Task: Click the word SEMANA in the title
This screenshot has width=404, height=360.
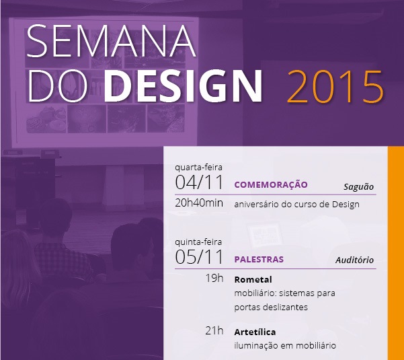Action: (x=111, y=41)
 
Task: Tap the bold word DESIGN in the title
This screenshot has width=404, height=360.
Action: (x=183, y=86)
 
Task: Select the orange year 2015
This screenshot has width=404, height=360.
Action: (x=335, y=87)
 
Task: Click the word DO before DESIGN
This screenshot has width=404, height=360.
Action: (x=57, y=86)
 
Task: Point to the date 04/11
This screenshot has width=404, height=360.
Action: (x=199, y=182)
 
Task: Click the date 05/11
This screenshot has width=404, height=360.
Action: (x=199, y=256)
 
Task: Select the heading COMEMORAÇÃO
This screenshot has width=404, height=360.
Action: (x=271, y=184)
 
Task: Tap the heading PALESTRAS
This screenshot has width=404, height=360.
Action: (x=259, y=259)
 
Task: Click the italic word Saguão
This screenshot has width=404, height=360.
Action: (x=359, y=186)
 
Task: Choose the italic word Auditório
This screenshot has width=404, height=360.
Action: (x=354, y=260)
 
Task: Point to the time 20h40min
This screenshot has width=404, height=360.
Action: (x=199, y=203)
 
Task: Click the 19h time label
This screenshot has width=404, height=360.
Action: (x=214, y=279)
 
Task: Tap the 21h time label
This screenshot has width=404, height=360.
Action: (x=214, y=330)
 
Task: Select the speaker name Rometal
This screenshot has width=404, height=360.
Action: (x=253, y=279)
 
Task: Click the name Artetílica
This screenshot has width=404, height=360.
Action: (x=255, y=332)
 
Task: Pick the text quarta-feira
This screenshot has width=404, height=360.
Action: (x=198, y=168)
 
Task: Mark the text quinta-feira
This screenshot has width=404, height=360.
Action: (x=198, y=242)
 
